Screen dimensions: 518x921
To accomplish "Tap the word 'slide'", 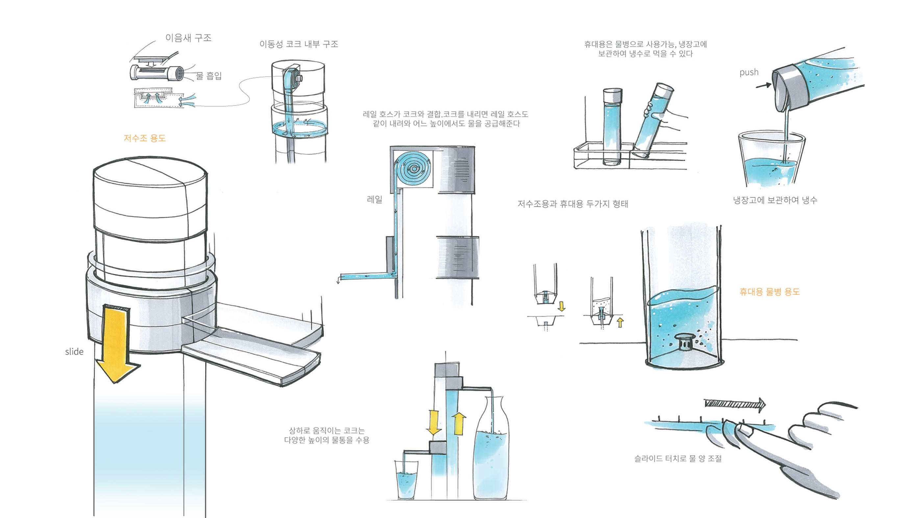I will [74, 352].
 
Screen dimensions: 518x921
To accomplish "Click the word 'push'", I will [749, 72].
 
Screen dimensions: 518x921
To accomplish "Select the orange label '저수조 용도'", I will [144, 138].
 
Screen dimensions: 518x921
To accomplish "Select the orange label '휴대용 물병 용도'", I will [769, 292].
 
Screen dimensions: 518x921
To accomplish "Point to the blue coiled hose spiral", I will [414, 169].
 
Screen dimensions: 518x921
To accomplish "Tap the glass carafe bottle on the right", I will [490, 454].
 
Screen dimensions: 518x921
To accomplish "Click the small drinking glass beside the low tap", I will [406, 481].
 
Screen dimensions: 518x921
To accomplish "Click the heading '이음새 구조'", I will [188, 38].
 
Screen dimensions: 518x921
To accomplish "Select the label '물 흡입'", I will [209, 76].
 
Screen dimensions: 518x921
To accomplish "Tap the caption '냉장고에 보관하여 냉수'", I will [775, 200].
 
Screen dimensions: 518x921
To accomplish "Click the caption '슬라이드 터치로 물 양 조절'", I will [678, 458].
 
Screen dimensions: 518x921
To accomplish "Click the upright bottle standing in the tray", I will [612, 127].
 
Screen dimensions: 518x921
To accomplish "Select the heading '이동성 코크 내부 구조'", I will [299, 44].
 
